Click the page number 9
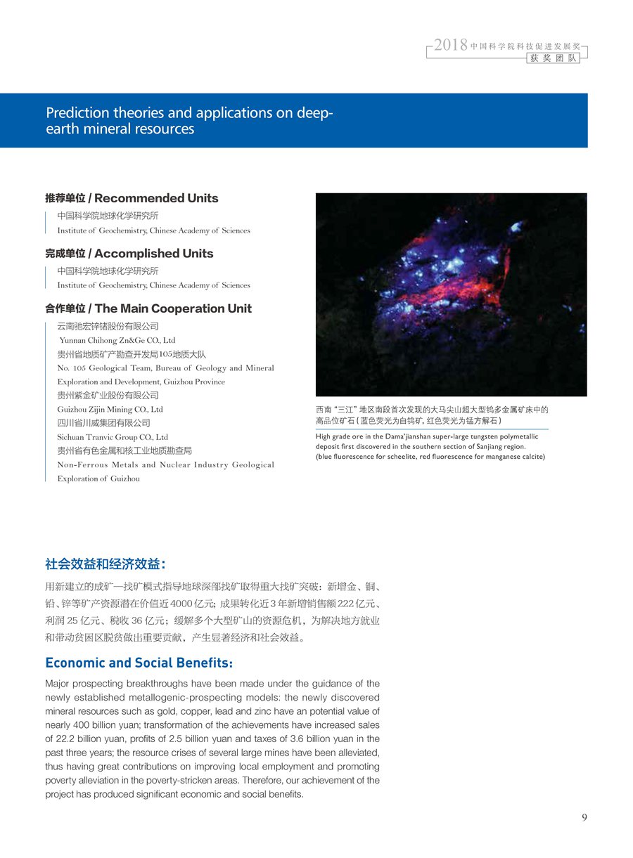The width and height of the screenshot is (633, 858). click(584, 817)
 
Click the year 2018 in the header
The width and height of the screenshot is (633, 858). click(451, 46)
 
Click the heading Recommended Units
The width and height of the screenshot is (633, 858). click(156, 198)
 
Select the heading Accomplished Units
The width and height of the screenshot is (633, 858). click(153, 253)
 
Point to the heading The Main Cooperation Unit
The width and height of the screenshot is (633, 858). click(173, 308)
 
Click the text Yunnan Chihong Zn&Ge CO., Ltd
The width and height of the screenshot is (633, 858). click(117, 340)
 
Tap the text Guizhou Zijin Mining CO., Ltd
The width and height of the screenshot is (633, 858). click(110, 409)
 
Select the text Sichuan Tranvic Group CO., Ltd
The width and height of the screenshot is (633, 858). click(113, 437)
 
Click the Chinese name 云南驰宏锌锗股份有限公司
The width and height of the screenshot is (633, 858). click(108, 326)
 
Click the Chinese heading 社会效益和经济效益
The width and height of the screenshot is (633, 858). click(105, 564)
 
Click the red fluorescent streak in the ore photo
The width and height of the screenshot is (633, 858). click(450, 288)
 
